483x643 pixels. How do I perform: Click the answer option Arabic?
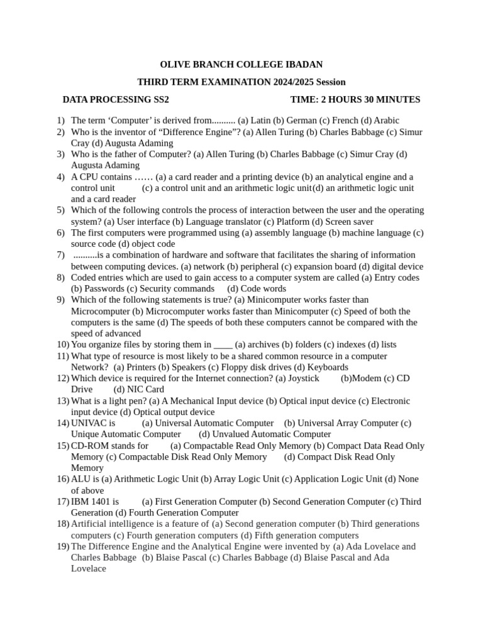pyautogui.click(x=386, y=121)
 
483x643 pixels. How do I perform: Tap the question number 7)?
pyautogui.click(x=60, y=255)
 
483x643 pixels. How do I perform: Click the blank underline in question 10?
pyautogui.click(x=223, y=345)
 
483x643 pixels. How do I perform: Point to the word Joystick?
pyautogui.click(x=304, y=379)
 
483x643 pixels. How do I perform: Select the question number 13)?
pyautogui.click(x=62, y=401)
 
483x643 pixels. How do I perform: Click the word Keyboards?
pyautogui.click(x=328, y=367)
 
